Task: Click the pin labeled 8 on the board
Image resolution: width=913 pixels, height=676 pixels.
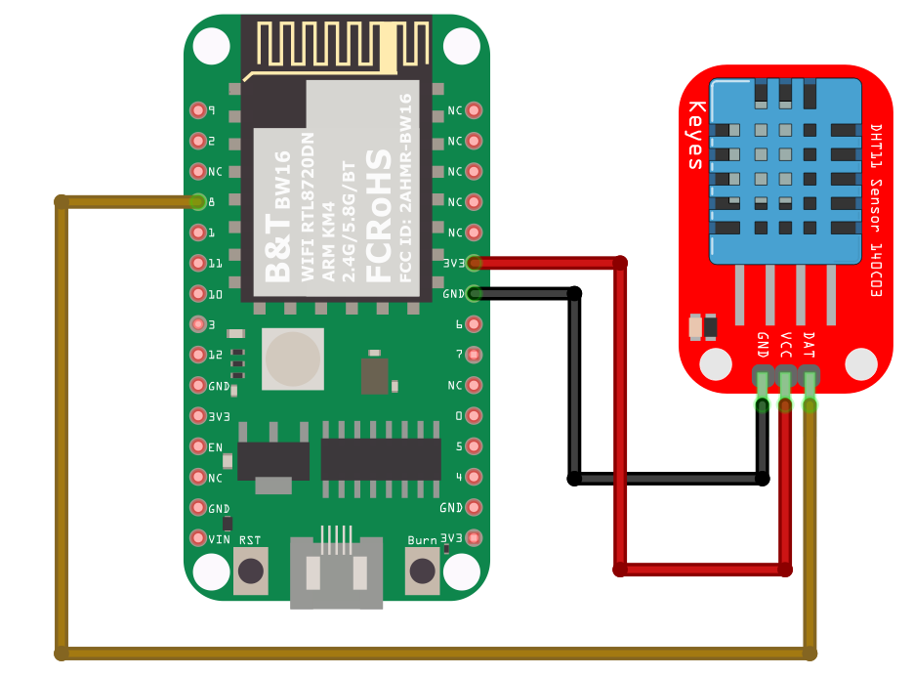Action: [x=198, y=202]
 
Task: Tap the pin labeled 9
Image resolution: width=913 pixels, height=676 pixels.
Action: [x=198, y=110]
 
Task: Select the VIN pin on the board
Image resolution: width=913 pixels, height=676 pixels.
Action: [x=198, y=538]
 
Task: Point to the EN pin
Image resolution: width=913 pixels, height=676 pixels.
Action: [x=198, y=446]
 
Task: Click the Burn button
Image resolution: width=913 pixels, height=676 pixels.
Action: [x=423, y=570]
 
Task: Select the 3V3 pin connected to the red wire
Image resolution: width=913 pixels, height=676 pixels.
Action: [x=475, y=263]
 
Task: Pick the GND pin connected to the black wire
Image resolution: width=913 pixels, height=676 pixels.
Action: [x=475, y=293]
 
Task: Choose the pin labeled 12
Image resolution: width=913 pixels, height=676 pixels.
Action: [x=198, y=355]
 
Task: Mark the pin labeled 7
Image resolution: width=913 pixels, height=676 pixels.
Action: [x=475, y=355]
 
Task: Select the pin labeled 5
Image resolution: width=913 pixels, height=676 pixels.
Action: [x=475, y=446]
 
